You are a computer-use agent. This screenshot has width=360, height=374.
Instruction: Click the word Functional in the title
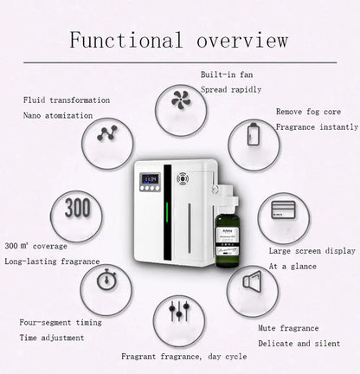[125, 41]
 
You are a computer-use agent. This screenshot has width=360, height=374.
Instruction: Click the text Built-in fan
[228, 75]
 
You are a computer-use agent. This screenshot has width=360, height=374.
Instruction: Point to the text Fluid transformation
[67, 100]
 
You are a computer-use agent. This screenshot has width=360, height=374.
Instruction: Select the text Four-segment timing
[61, 322]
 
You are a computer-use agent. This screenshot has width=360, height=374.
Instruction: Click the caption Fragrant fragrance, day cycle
[183, 356]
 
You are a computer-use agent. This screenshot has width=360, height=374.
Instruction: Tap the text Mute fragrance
[288, 328]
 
